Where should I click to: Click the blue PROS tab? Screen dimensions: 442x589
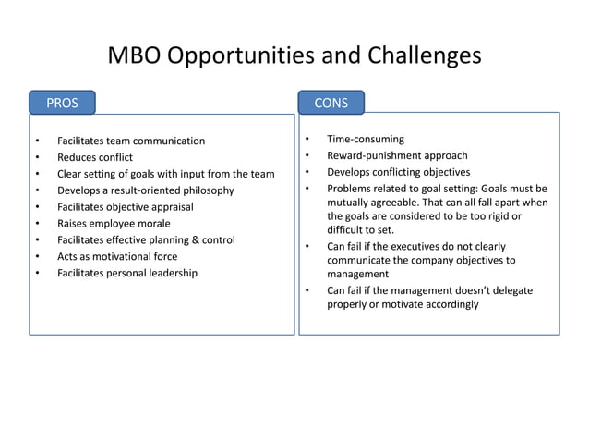[x=62, y=103]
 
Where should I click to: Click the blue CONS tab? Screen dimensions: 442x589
[x=331, y=103]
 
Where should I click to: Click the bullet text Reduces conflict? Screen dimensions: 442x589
[x=95, y=157]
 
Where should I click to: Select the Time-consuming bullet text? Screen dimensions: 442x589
[x=366, y=139]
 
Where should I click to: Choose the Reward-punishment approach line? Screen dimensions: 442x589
[x=397, y=155]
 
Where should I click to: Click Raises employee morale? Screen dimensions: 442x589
[x=114, y=223]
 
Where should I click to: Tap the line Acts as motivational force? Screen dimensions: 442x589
[x=117, y=256]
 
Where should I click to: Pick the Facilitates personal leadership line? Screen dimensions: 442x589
[x=127, y=273]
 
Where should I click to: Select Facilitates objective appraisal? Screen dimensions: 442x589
[x=125, y=206]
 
